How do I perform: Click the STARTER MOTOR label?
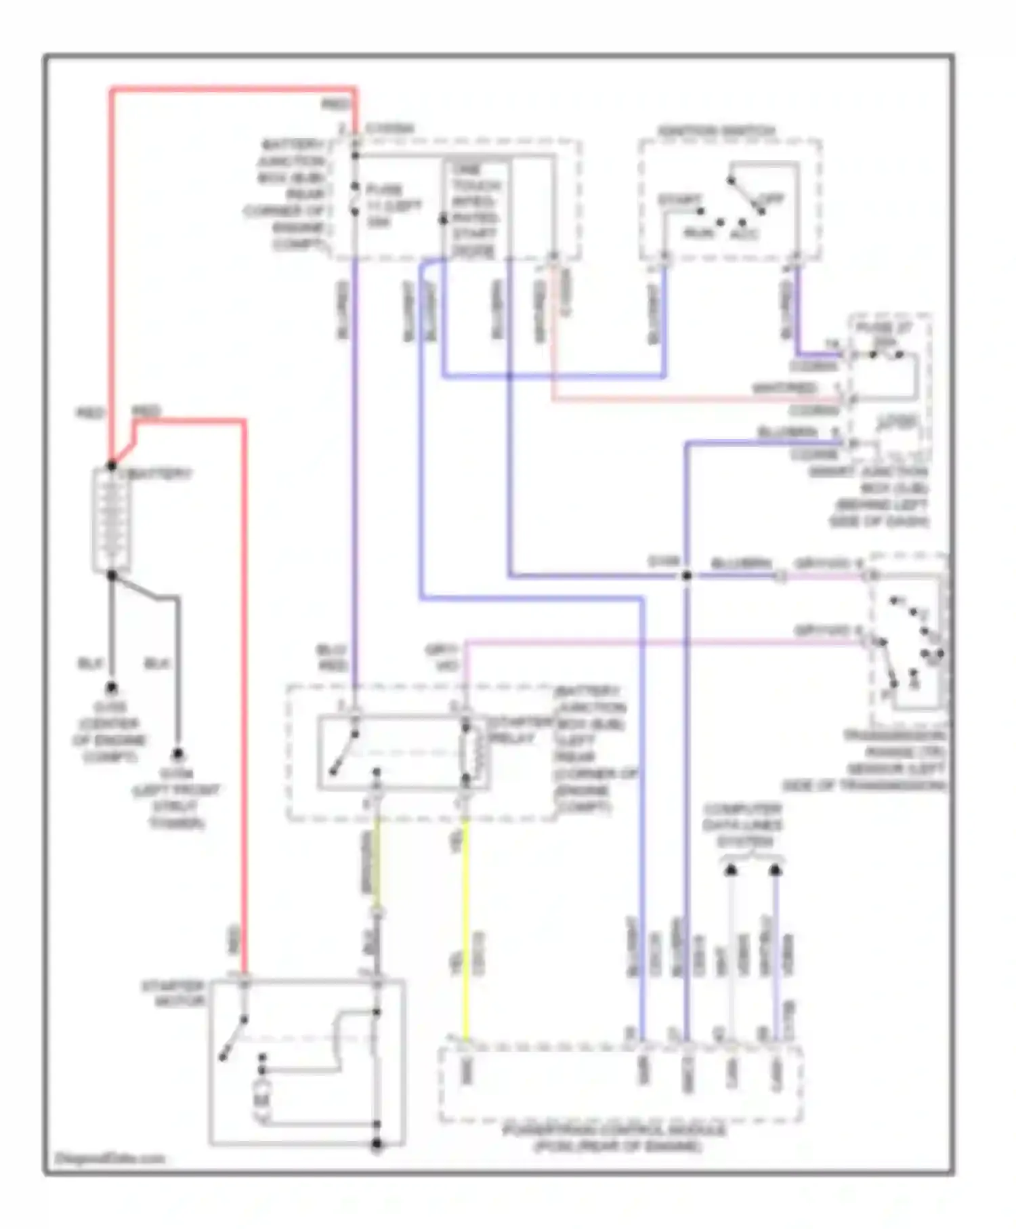173,993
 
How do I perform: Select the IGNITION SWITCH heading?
717,131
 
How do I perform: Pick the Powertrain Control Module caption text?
614,1138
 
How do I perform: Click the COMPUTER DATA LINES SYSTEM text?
743,825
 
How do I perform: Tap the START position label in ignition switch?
679,201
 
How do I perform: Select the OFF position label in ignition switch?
771,199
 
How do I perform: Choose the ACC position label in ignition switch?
744,234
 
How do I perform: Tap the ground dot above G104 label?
177,753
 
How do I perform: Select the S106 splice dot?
686,575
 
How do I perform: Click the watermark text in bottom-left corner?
110,1158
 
